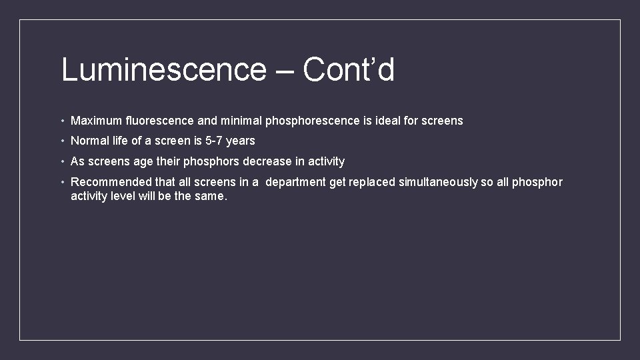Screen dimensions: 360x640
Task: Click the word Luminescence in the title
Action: (163, 70)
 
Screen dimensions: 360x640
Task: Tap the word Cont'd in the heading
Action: (348, 70)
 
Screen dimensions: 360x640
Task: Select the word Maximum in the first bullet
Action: (97, 121)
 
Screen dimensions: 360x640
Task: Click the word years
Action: (241, 141)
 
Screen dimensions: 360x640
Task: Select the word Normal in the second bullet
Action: (90, 141)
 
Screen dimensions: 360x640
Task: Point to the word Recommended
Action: (111, 182)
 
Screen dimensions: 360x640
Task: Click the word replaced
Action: (373, 183)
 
